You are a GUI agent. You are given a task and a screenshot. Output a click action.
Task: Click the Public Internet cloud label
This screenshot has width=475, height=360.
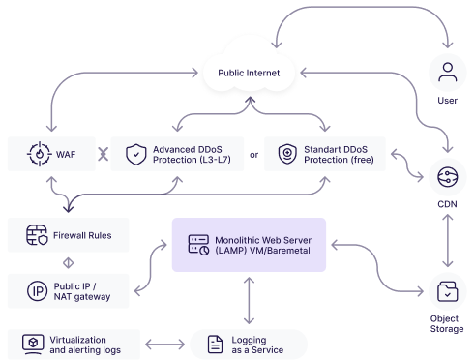(x=249, y=73)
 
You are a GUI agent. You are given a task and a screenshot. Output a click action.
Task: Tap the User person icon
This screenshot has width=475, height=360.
(x=448, y=73)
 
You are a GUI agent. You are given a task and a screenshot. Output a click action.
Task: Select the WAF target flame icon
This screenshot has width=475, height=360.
(x=40, y=154)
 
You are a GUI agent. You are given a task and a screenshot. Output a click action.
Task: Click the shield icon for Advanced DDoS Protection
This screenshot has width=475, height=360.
(x=136, y=154)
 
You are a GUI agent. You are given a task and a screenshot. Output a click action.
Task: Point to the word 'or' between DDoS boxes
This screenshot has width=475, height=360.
(x=254, y=155)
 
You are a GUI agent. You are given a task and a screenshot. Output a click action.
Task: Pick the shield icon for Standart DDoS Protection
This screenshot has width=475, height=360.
(x=287, y=154)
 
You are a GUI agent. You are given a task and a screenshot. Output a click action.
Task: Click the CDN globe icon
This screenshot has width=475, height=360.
(x=448, y=177)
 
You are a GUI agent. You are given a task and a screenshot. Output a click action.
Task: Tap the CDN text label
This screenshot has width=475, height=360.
(x=447, y=204)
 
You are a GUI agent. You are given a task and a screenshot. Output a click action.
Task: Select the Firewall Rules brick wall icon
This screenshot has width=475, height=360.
(x=37, y=235)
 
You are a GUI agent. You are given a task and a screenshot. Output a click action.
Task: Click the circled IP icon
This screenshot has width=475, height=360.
(x=38, y=291)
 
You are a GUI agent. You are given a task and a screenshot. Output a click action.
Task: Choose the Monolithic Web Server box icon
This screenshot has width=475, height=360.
(x=198, y=245)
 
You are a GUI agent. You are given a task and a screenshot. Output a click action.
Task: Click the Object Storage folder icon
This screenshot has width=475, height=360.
(x=448, y=291)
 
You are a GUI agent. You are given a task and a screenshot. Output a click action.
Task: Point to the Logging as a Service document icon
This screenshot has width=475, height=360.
(x=215, y=345)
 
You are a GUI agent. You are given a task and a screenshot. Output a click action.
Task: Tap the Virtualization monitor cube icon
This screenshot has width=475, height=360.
(x=33, y=345)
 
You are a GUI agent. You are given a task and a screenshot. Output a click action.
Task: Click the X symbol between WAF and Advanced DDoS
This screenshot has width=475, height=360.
(x=104, y=154)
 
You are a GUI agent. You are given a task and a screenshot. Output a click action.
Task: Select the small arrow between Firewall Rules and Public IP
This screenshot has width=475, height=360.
(x=68, y=263)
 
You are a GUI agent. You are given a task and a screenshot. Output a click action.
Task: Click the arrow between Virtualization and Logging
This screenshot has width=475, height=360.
(x=165, y=345)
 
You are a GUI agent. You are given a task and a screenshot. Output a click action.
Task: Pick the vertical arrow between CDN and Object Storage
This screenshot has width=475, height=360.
(x=448, y=241)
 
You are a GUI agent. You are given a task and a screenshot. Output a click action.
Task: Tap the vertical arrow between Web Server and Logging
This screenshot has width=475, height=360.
(x=249, y=301)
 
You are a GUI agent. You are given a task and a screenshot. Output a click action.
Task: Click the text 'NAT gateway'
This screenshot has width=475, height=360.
(x=82, y=297)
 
